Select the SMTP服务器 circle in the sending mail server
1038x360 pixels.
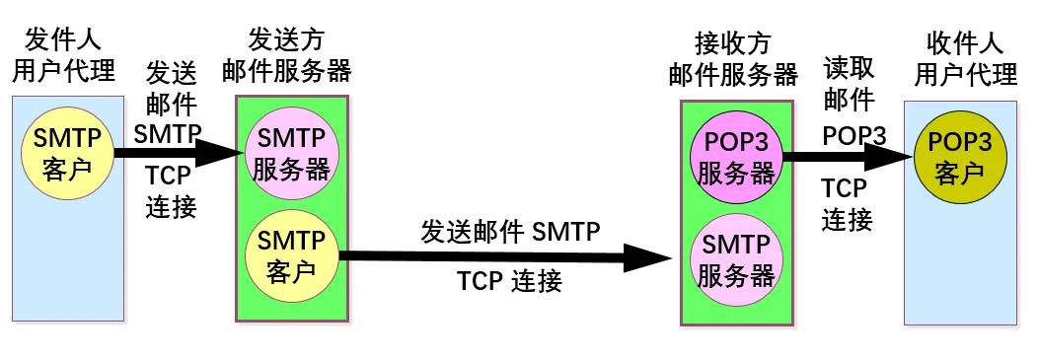pyautogui.click(x=291, y=155)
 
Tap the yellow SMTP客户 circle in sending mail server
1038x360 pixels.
pyautogui.click(x=291, y=254)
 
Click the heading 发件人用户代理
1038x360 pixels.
pyautogui.click(x=63, y=56)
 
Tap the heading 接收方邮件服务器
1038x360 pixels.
pyautogui.click(x=733, y=58)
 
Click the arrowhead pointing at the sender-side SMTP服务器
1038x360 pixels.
pyautogui.click(x=222, y=153)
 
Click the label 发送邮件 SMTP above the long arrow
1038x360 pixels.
pyautogui.click(x=511, y=233)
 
